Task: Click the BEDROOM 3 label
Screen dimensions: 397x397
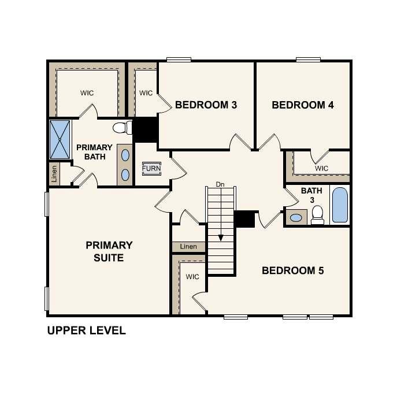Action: coord(206,105)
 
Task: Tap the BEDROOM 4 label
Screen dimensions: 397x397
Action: coord(303,105)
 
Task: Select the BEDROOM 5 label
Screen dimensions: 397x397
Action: coord(293,270)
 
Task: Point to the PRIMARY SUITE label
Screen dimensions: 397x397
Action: coord(109,251)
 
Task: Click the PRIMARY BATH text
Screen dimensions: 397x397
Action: coord(94,152)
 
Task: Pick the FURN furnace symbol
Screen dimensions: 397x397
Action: coord(151,169)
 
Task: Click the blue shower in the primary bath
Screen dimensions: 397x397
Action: coord(60,139)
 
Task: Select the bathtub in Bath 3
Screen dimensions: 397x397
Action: coord(340,205)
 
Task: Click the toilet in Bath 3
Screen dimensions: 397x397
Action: coord(317,216)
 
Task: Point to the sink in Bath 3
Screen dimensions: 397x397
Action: coord(296,218)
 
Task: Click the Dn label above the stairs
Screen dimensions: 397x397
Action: coord(220,184)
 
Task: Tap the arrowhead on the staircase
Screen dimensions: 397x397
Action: coord(220,237)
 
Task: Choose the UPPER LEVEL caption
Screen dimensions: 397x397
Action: coord(86,331)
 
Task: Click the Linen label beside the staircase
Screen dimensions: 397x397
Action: coord(188,247)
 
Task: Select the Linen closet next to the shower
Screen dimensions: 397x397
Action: coord(54,174)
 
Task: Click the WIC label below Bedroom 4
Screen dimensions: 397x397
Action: coord(322,168)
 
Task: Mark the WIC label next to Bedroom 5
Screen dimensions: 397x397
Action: coord(192,277)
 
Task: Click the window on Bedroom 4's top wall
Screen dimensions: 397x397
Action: coord(308,59)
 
